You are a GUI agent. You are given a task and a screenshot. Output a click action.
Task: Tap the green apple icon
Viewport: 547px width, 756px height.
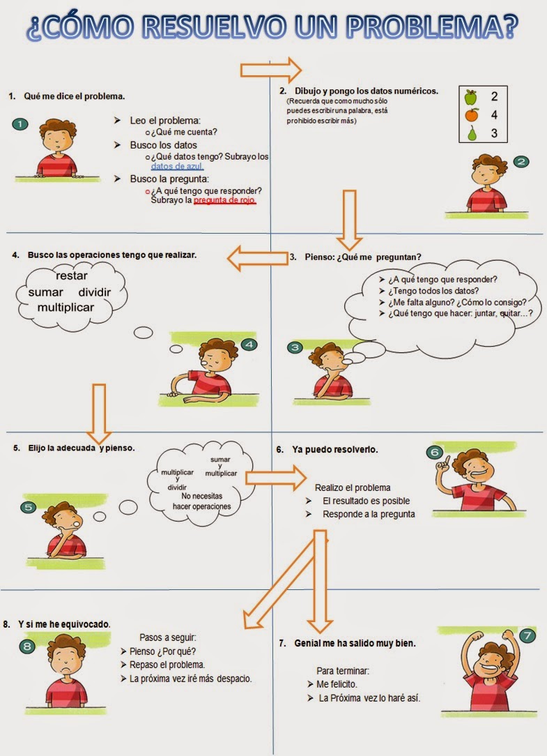point(472,96)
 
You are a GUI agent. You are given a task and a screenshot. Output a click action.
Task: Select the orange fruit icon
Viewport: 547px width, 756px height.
point(472,114)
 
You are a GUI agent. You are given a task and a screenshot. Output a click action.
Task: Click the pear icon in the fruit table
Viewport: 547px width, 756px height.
point(472,133)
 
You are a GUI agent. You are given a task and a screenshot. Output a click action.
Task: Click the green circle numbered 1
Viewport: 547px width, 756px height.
point(21,125)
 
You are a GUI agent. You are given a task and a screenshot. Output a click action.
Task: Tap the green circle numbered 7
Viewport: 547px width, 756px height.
point(527,635)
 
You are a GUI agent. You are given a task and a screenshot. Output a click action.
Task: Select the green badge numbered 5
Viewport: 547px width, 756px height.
point(28,507)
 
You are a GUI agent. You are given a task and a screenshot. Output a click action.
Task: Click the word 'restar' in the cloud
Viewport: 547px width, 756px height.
point(72,276)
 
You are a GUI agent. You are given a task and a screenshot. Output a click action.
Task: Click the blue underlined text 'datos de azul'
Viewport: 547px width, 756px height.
point(177,167)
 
